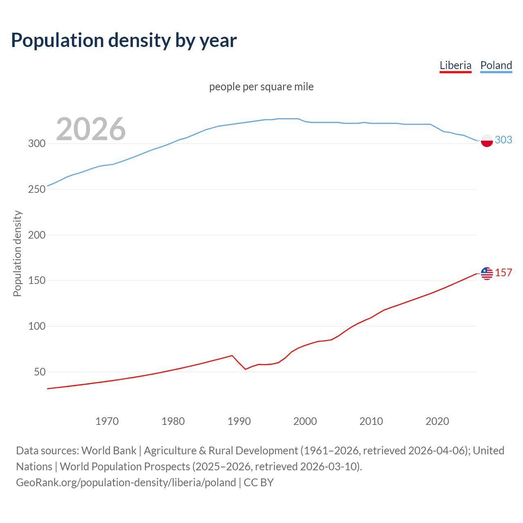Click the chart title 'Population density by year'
coord(124,40)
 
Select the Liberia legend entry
coord(455,65)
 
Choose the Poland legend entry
coord(496,65)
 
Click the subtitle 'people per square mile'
coord(261,87)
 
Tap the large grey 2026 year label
coord(91,129)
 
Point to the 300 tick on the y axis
coord(36,144)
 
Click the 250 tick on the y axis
coord(36,190)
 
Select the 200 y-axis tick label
coord(36,235)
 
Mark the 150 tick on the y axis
coord(36,281)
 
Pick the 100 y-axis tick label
coord(36,326)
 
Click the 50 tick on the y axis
coord(39,372)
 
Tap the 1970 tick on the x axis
coord(107,421)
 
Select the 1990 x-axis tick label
coord(239,421)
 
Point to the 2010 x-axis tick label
coord(371,421)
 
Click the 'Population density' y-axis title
coord(17,253)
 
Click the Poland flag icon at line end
coord(487,141)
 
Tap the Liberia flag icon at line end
coord(487,273)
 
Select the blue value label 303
coord(503,140)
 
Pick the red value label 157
coord(503,273)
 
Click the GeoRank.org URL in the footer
coord(126,483)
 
